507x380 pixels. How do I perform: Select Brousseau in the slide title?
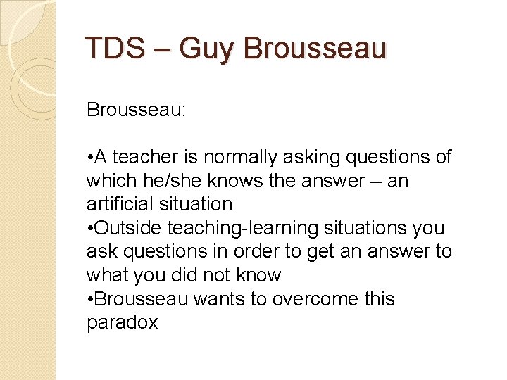click(x=315, y=49)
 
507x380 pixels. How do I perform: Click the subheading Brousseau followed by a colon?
click(x=136, y=110)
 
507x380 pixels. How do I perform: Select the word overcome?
click(x=304, y=299)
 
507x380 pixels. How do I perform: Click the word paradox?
click(x=122, y=323)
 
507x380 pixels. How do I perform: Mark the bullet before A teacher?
click(x=90, y=158)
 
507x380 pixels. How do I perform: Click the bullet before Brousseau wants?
click(x=90, y=300)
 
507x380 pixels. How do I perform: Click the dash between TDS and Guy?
click(x=162, y=50)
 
